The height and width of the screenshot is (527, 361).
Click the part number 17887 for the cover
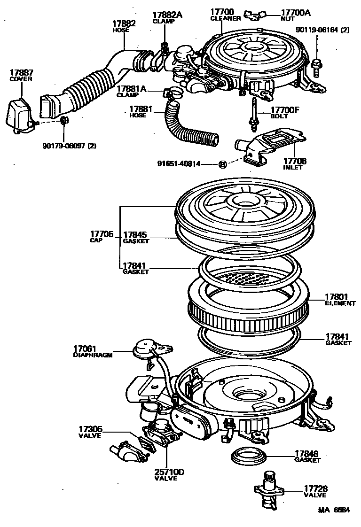[x=21, y=72]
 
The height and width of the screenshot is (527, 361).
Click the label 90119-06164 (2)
[x=323, y=30]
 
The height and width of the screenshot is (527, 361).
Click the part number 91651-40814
[x=179, y=164]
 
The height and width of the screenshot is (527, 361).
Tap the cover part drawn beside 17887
[x=19, y=115]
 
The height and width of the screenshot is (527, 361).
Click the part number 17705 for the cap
[x=102, y=233]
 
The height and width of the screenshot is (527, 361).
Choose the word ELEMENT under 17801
[x=340, y=303]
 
